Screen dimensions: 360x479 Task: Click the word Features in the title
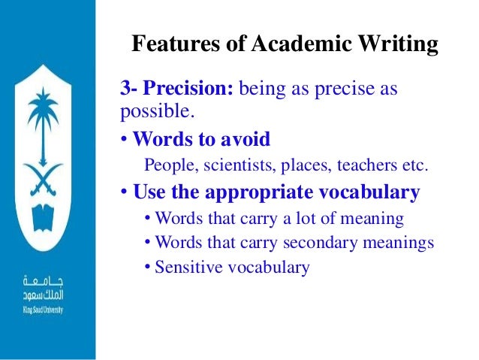pos(170,44)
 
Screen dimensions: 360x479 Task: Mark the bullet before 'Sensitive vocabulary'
pos(148,267)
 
